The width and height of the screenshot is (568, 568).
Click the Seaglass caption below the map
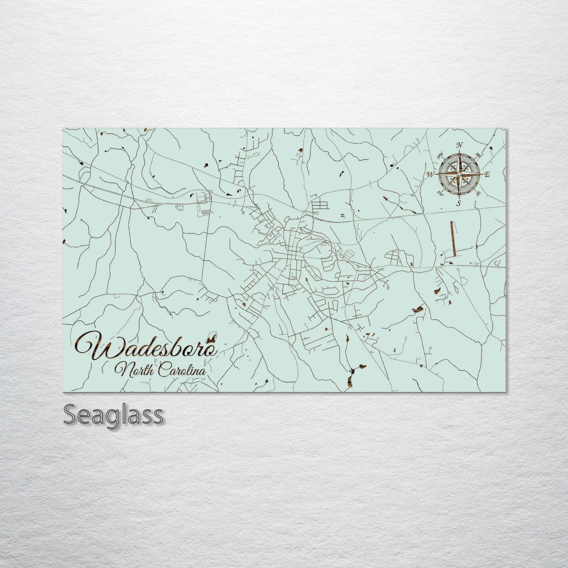point(113,415)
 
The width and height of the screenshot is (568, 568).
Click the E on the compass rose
point(487,174)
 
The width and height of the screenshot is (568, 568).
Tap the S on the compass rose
point(458,203)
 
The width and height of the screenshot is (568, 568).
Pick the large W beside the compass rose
point(431,174)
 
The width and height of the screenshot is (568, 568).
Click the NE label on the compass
point(478,154)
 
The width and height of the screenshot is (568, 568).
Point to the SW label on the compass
point(440,193)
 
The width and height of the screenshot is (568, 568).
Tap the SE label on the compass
point(478,193)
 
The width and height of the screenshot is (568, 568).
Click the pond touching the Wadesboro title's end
point(213,337)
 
